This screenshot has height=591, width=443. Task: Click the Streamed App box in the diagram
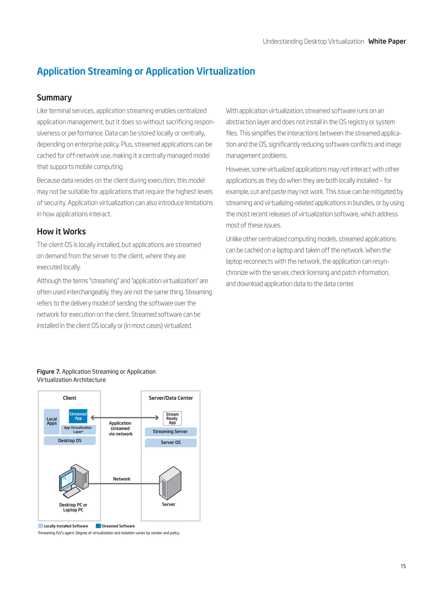pyautogui.click(x=78, y=416)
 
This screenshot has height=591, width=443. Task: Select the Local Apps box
pyautogui.click(x=51, y=421)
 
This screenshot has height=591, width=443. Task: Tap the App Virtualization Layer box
pyautogui.click(x=78, y=430)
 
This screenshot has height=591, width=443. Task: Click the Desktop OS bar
pyautogui.click(x=70, y=441)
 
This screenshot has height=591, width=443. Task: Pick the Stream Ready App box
pyautogui.click(x=172, y=418)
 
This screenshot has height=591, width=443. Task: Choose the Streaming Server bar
pyautogui.click(x=170, y=432)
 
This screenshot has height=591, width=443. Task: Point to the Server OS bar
pyautogui.click(x=170, y=443)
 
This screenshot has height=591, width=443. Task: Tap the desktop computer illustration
pyautogui.click(x=73, y=481)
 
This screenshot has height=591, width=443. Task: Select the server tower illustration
pyautogui.click(x=170, y=483)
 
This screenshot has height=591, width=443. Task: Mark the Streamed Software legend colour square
pyautogui.click(x=98, y=526)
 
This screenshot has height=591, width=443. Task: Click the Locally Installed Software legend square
pyautogui.click(x=41, y=526)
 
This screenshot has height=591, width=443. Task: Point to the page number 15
pyautogui.click(x=403, y=566)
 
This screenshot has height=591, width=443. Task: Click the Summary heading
pyautogui.click(x=54, y=98)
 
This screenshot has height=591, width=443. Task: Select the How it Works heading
pyautogui.click(x=61, y=231)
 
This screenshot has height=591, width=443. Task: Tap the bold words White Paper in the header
pyautogui.click(x=387, y=41)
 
